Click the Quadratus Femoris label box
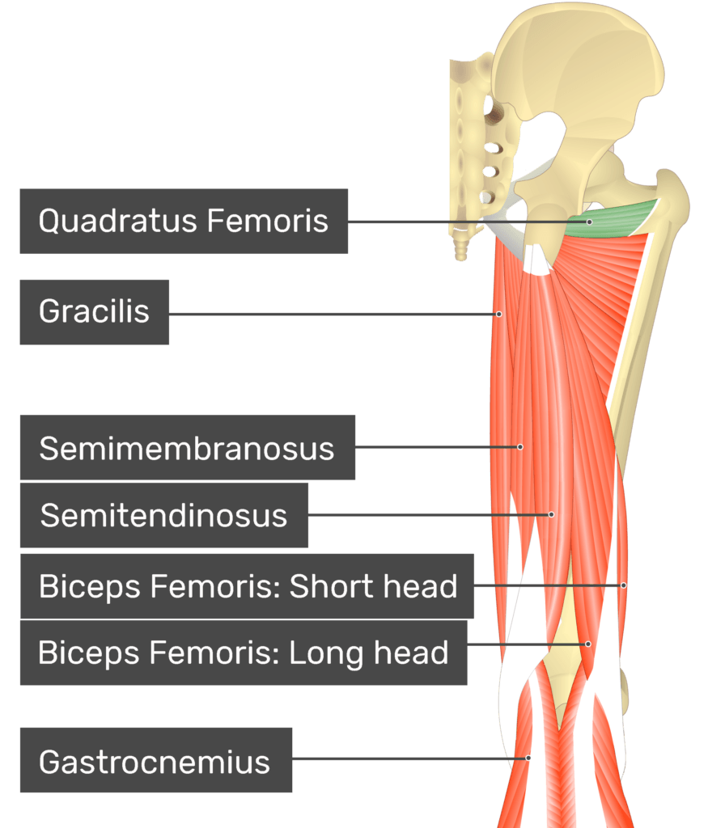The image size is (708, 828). pos(184,222)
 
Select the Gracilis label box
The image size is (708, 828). pos(95,312)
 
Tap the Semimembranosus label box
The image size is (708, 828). pos(188,447)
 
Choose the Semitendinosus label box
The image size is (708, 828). pos(163,515)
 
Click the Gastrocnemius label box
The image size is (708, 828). pos(156,760)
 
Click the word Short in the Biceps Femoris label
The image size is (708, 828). pos(321,586)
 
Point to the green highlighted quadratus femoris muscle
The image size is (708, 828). pos(613,219)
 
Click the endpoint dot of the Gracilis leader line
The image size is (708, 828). pos(498,315)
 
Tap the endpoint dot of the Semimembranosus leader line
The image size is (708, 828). pos(520,447)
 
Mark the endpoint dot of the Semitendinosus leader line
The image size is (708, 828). pos(552,514)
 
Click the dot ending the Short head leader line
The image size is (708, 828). pos(624,585)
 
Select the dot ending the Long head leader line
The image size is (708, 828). pos(588,644)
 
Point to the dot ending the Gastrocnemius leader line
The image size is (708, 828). pos(528,758)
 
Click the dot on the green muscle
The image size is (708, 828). pos(590,222)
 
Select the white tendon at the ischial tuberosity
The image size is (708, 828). pos(537,261)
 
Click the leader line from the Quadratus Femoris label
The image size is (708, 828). pos(468,222)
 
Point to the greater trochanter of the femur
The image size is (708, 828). pos(672,196)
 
